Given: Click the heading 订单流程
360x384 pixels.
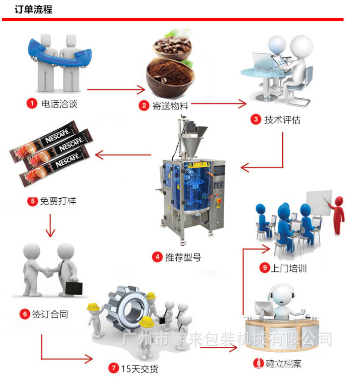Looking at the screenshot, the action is pyautogui.click(x=33, y=9).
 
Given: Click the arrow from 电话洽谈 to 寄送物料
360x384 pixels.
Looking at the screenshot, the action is pyautogui.click(x=113, y=91).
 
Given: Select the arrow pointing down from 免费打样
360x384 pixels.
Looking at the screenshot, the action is pyautogui.click(x=50, y=225).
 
